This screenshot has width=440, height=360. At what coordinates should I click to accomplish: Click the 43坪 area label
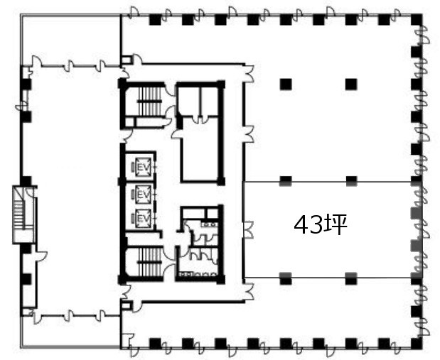[x=320, y=224]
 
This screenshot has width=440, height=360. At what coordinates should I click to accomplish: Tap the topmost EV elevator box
[x=143, y=168]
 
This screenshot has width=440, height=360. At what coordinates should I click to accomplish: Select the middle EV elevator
[x=143, y=194]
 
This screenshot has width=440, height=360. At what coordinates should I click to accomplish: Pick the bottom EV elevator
[x=143, y=218]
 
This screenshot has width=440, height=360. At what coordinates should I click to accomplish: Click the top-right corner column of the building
[x=417, y=19]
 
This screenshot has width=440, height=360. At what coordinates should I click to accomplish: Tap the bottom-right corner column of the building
[x=417, y=344]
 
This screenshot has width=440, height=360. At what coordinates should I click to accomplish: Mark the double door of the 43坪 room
[x=248, y=230]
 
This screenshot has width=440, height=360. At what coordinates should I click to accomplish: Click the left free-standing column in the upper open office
[x=286, y=84]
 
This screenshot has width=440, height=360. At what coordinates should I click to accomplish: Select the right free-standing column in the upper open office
[x=351, y=84]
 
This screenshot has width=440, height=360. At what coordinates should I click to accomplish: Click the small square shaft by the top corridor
[x=127, y=60]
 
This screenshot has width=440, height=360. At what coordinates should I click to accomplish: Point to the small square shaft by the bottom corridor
[x=127, y=305]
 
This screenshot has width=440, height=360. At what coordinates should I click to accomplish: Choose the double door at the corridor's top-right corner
[x=249, y=73]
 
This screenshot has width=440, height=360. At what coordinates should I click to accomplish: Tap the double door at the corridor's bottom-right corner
[x=249, y=292]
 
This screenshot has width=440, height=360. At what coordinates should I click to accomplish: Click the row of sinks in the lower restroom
[x=198, y=275]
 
